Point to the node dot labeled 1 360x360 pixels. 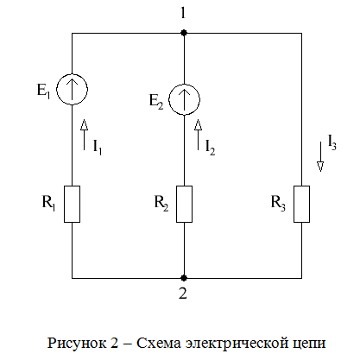tap(184, 33)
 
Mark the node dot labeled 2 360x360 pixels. tap(184, 278)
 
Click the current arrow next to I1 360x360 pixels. tap(84, 135)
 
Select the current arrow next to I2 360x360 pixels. tap(198, 135)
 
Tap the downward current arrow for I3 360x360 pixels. tap(320, 156)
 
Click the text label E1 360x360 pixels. tap(43, 91)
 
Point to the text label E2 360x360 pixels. tap(156, 102)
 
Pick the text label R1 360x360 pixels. tap(48, 203)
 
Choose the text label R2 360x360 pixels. tap(161, 203)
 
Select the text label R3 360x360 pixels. tap(278, 203)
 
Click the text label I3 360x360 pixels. tap(332, 142)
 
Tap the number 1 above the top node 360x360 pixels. tap(183, 13)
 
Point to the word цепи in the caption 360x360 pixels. tap(309, 344)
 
